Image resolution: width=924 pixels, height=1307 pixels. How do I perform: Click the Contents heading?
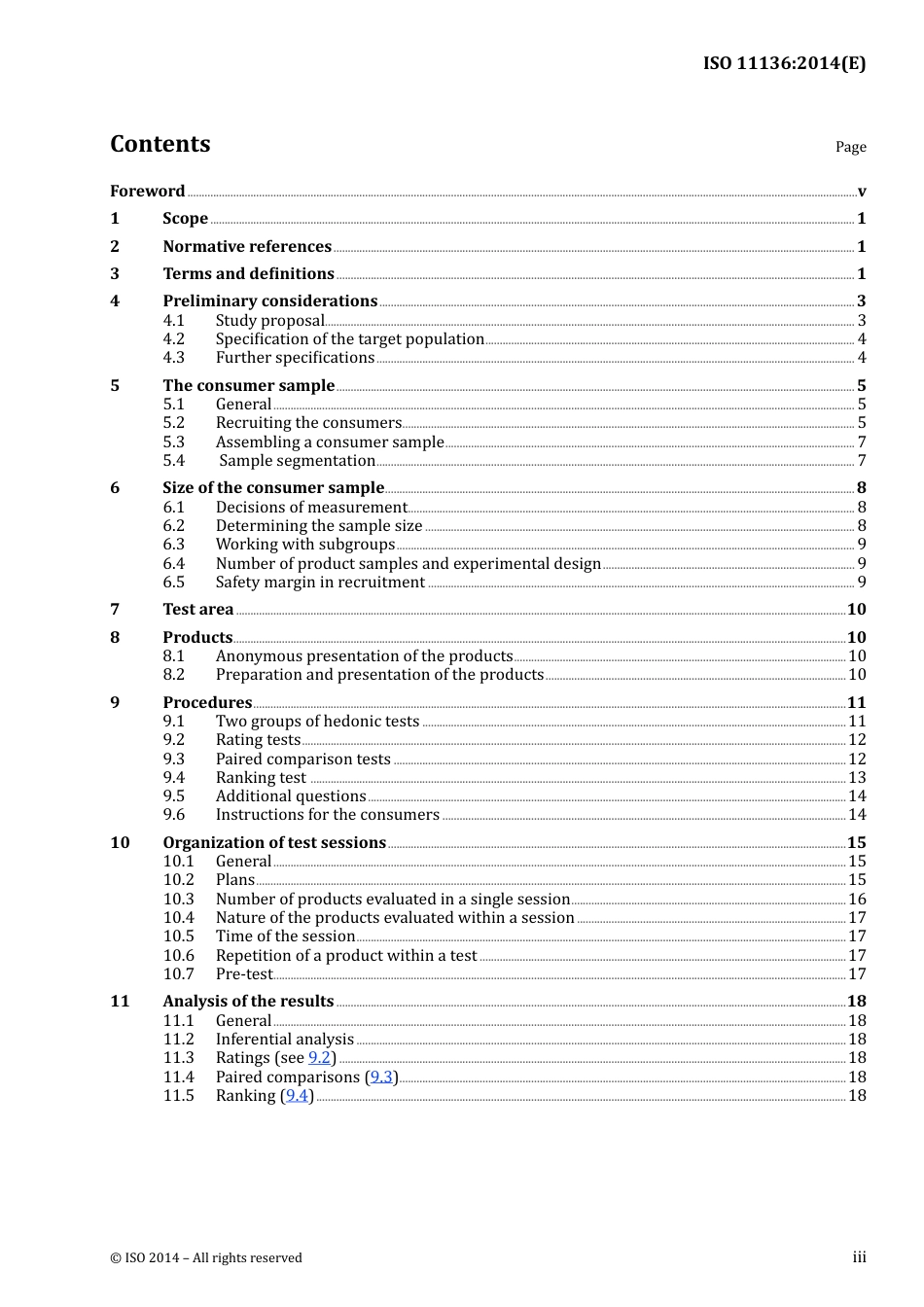click(x=160, y=144)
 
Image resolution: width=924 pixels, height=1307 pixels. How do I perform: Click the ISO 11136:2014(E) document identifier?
click(x=784, y=63)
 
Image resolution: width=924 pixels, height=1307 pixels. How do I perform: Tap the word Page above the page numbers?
click(x=850, y=147)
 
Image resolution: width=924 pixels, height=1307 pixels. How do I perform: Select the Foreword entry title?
click(x=147, y=191)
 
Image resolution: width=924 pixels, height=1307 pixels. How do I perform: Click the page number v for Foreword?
click(x=861, y=192)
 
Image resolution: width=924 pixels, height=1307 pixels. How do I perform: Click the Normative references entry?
click(x=247, y=246)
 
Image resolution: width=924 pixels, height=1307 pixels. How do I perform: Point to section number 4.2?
click(x=173, y=338)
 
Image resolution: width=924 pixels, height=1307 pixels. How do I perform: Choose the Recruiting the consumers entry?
click(x=308, y=422)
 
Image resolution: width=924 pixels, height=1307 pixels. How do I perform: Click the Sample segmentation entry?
click(x=297, y=460)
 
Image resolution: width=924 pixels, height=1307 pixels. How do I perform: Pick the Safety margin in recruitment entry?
click(x=320, y=582)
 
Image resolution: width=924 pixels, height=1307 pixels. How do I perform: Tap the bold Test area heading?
click(x=197, y=609)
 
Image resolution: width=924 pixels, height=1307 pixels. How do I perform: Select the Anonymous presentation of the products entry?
click(x=364, y=655)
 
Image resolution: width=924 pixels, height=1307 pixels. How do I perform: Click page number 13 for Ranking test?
click(x=857, y=777)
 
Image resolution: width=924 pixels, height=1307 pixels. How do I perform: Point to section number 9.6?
click(x=173, y=814)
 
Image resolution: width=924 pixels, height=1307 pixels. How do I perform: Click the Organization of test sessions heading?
click(x=274, y=842)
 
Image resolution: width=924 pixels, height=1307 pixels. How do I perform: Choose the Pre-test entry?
click(x=244, y=973)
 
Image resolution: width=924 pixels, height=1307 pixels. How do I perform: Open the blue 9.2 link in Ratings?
click(x=319, y=1057)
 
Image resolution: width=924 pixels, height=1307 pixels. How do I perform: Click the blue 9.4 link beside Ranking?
click(x=297, y=1095)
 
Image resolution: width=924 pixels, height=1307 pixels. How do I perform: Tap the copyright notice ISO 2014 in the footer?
click(x=205, y=1257)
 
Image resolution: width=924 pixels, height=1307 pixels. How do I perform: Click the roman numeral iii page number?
click(x=859, y=1256)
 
